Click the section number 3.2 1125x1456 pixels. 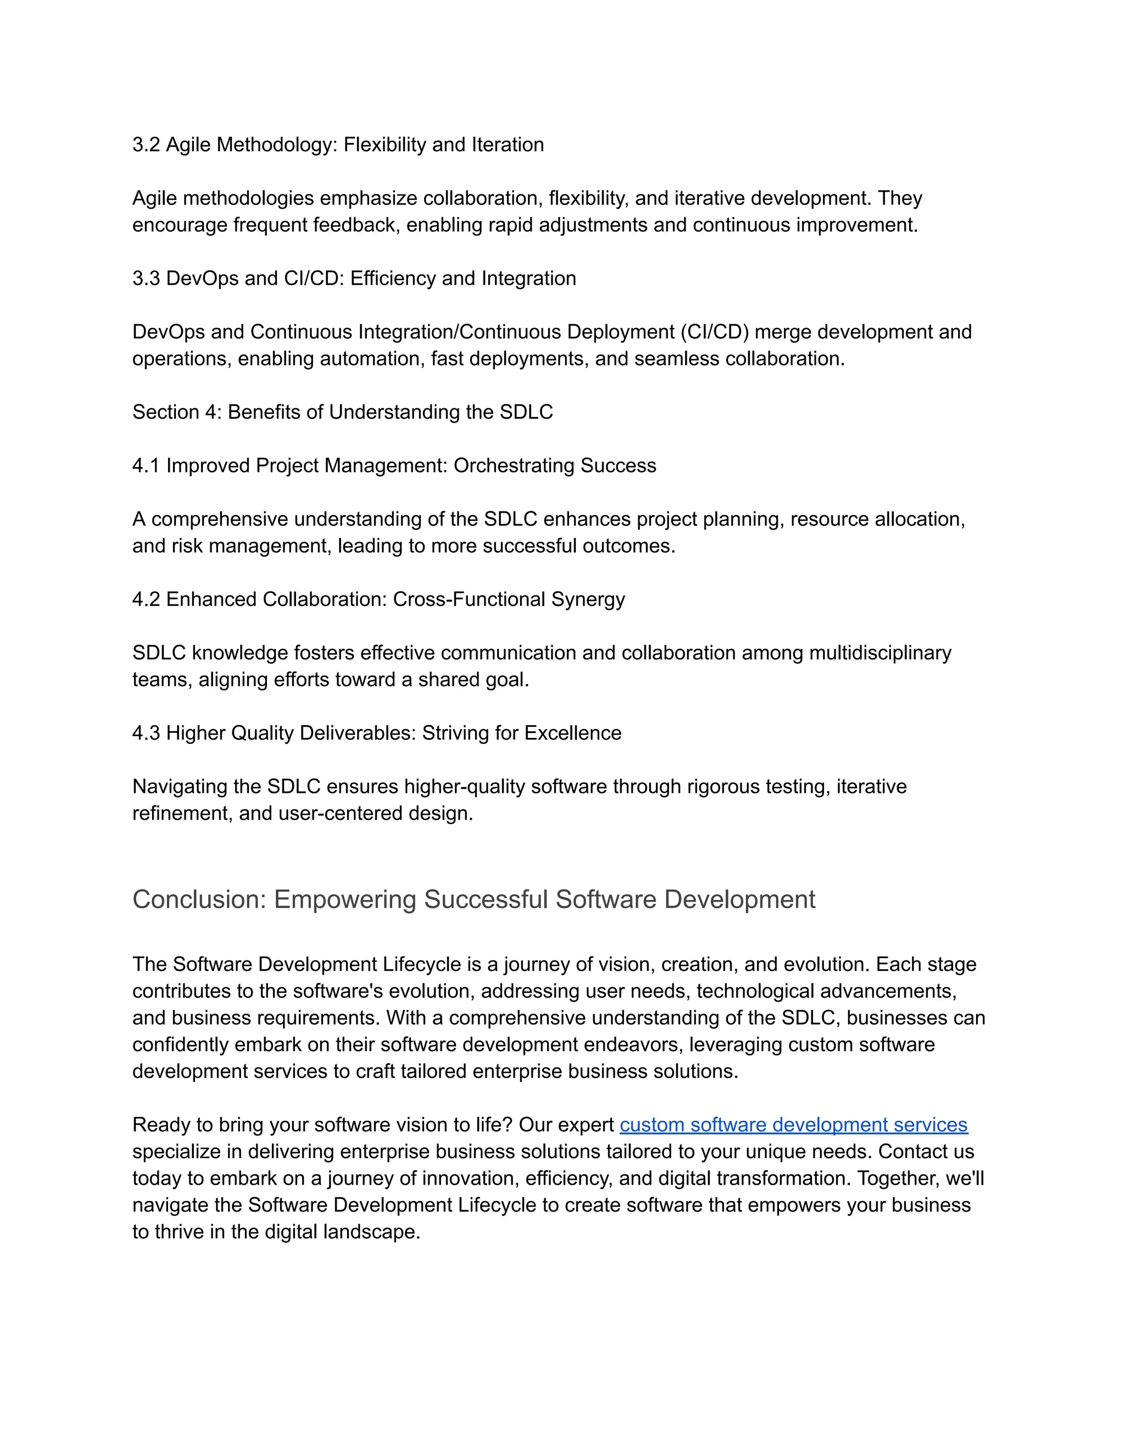tap(146, 145)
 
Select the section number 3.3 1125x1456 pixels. tap(146, 278)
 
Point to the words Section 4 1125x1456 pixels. tap(176, 412)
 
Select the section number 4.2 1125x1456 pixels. tap(146, 599)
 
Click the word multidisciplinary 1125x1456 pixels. tap(880, 653)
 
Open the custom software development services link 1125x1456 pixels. tap(793, 1125)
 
